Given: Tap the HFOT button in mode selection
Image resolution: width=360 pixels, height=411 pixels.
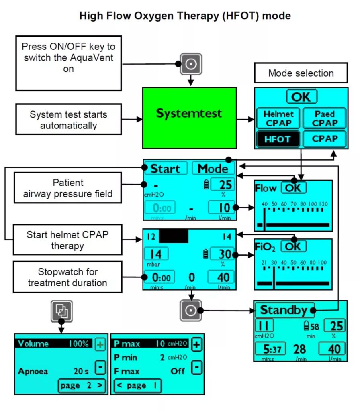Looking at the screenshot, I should coord(278,139).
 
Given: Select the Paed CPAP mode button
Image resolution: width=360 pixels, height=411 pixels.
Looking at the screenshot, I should coord(324,119).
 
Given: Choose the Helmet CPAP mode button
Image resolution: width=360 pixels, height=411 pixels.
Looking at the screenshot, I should coord(278,119).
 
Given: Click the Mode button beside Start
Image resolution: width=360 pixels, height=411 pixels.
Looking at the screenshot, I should coord(213,169).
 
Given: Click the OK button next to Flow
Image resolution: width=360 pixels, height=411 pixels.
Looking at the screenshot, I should coord(293,188).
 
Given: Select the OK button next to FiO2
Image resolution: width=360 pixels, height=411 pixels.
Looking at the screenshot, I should coord(293,246).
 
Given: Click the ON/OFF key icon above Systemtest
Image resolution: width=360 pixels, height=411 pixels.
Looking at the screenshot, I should coord(191,64).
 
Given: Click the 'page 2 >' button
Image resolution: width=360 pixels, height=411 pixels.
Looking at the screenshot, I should coord(82,386).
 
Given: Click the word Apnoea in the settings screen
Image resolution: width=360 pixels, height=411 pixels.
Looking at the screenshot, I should coord(33,371).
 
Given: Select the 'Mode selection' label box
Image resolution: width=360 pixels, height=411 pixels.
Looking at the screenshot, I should coord(301,73).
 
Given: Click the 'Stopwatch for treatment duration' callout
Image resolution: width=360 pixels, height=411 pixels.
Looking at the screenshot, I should coord(67,277).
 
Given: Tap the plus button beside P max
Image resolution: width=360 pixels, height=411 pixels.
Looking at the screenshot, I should coord(196,344).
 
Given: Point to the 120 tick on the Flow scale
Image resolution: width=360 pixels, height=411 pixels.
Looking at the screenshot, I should coord(323,204).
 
